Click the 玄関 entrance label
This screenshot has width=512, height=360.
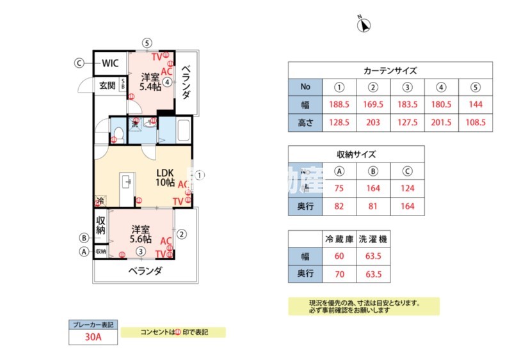tap(107, 85)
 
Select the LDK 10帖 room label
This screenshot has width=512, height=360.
tap(165, 177)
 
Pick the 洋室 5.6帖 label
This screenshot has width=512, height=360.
tap(141, 234)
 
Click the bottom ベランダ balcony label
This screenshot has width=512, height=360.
tap(144, 271)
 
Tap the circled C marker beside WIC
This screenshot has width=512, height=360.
tap(79, 63)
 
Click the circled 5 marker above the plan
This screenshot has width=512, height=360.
tap(147, 43)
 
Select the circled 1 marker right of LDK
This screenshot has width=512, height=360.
tap(200, 174)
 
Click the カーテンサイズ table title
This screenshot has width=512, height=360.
tap(390, 70)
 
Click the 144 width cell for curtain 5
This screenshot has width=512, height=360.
tap(476, 104)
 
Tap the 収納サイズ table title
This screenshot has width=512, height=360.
tap(356, 154)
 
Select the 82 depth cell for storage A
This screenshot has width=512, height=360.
tap(340, 206)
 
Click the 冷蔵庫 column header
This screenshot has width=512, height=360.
tap(339, 239)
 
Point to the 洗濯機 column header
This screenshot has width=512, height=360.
tap(374, 239)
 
